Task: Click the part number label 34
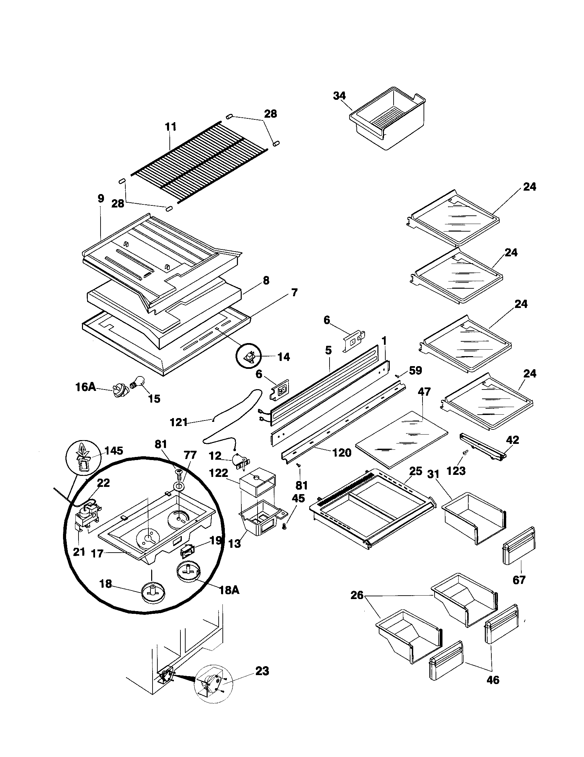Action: pos(339,96)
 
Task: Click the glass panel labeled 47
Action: pos(401,438)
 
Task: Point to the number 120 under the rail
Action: pos(342,452)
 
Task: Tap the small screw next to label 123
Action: pos(465,452)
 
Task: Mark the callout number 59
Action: pos(415,371)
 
